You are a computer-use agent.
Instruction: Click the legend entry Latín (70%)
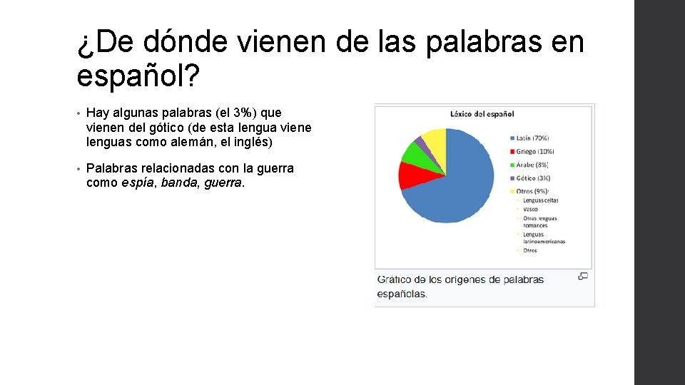(533, 138)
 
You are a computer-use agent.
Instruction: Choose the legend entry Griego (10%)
(534, 151)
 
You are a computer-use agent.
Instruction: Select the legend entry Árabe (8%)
(534, 165)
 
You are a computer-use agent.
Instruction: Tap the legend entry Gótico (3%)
(534, 178)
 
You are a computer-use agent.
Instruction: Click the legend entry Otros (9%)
(533, 191)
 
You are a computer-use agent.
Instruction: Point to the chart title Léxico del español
(482, 113)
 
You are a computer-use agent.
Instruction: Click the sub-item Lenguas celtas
(540, 201)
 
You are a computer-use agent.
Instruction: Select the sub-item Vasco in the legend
(530, 210)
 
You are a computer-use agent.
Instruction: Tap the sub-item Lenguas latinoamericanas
(543, 237)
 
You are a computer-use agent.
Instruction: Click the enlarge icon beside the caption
(583, 276)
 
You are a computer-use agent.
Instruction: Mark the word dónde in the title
(187, 43)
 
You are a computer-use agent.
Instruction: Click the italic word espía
(136, 183)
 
